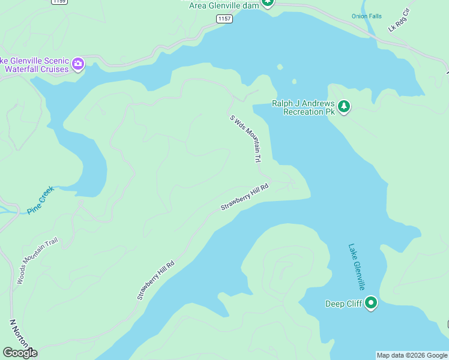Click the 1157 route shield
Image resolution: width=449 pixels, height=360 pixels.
pos(224,19)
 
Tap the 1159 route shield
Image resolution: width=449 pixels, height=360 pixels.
pos(59,2)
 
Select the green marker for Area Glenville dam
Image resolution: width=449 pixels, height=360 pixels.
pos(268,2)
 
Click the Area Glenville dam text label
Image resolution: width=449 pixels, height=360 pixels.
pos(223,5)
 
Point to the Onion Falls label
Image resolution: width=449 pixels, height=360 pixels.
pos(366,16)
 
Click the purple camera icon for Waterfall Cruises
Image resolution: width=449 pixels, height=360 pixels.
pos(78,64)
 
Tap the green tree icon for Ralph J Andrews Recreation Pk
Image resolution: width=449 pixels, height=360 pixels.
pos(343,107)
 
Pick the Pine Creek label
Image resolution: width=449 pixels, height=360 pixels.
pos(40,200)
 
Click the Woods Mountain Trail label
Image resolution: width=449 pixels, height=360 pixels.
pos(37,262)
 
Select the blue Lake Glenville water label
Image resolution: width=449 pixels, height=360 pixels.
pos(357,267)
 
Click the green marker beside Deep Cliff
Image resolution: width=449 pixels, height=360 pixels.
pos(371,303)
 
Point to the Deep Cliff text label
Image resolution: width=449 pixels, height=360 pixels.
pos(343,304)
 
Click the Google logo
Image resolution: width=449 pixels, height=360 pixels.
pos(20,353)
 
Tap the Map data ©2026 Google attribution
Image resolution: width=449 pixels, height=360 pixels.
pos(412,355)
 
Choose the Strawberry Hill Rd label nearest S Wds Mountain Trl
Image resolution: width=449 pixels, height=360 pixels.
pos(244,198)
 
